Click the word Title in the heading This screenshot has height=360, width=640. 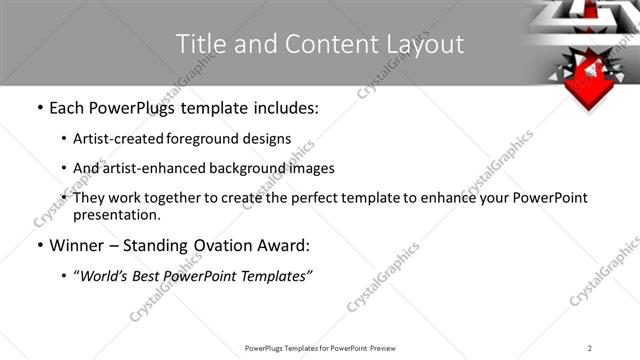[199, 44]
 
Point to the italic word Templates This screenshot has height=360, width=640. [277, 276]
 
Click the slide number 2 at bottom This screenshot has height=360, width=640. [590, 347]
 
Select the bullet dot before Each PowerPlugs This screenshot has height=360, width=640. [38, 108]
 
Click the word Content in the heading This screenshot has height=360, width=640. [322, 44]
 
